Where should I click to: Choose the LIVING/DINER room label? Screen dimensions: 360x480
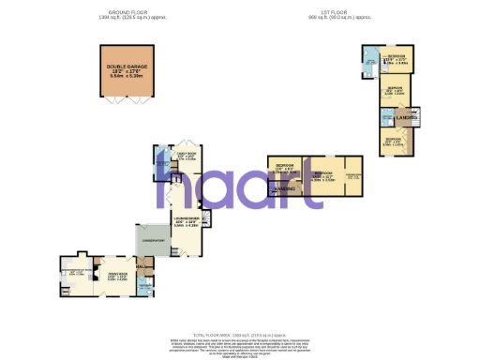186,222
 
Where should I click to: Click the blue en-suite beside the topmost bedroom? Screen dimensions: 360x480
370,65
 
